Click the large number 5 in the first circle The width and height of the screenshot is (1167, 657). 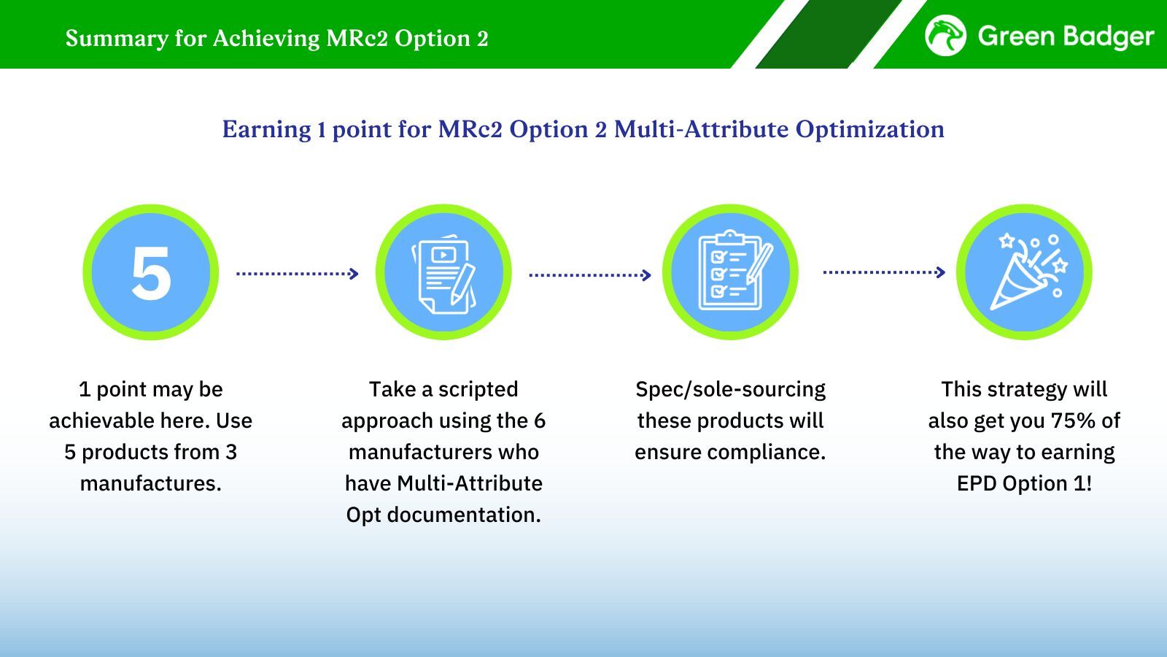pyautogui.click(x=151, y=273)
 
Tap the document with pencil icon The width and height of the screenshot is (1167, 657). pyautogui.click(x=444, y=274)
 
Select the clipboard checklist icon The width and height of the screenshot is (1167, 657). pyautogui.click(x=734, y=270)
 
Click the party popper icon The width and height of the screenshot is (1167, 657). pyautogui.click(x=1029, y=272)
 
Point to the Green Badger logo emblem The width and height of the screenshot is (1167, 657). pyautogui.click(x=945, y=35)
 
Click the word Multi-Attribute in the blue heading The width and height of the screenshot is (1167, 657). pyautogui.click(x=701, y=128)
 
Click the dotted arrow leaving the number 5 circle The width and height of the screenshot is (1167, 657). pyautogui.click(x=297, y=273)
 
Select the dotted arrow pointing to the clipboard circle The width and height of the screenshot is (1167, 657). pyautogui.click(x=590, y=274)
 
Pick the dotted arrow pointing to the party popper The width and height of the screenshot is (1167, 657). pyautogui.click(x=884, y=272)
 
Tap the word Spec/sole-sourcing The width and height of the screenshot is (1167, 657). pyautogui.click(x=730, y=390)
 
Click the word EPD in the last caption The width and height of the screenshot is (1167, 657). pyautogui.click(x=977, y=483)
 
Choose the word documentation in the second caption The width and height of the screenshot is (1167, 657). pyautogui.click(x=464, y=515)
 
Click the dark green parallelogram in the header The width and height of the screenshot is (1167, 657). pyautogui.click(x=829, y=34)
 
